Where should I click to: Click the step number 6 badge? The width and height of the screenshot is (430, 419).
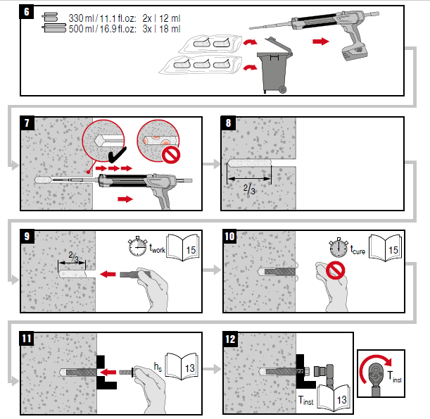(29, 13)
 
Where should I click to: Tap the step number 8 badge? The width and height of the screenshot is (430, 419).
(229, 123)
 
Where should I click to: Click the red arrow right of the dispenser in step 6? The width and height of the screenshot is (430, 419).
(320, 42)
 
